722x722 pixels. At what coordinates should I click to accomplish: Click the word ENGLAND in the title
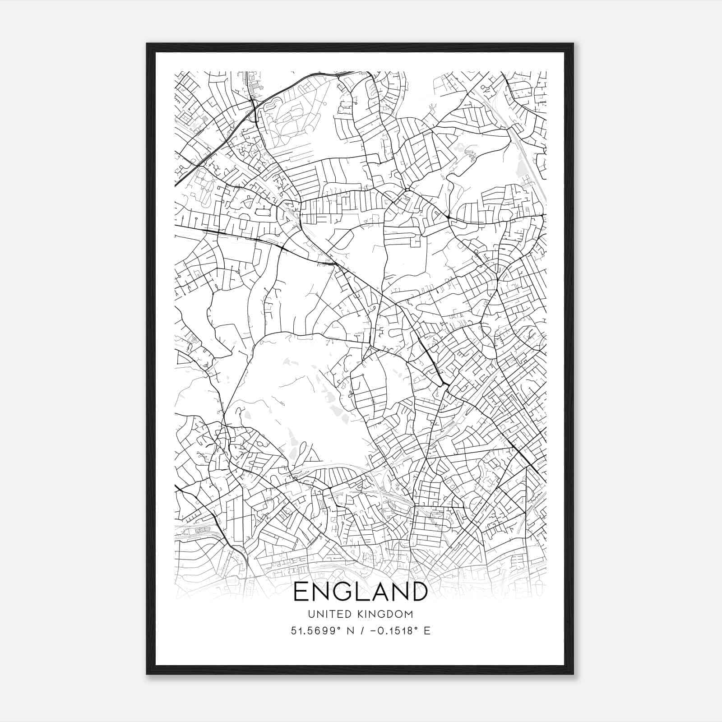tap(361, 592)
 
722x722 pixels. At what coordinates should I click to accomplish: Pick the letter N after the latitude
tap(349, 631)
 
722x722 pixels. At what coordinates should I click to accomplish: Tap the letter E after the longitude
tap(427, 631)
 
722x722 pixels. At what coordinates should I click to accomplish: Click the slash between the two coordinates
tap(361, 631)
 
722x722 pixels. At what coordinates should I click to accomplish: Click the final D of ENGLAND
tap(418, 592)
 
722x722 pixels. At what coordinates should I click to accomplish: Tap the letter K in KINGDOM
tap(362, 614)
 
